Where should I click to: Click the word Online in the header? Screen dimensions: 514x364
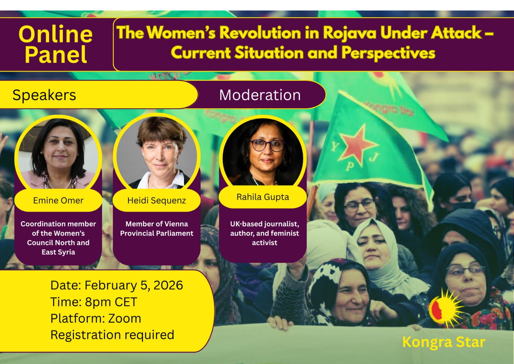click(x=56, y=34)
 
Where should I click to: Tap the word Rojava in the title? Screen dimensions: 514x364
click(x=350, y=33)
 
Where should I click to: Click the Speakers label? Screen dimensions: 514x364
click(x=44, y=95)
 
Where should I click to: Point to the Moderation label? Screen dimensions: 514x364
click(x=260, y=95)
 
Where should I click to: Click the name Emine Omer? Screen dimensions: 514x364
click(x=58, y=200)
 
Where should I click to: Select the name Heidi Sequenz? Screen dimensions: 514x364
click(x=156, y=200)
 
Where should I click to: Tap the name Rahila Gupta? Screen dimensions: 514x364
click(x=263, y=197)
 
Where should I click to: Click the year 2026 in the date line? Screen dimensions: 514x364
click(x=168, y=285)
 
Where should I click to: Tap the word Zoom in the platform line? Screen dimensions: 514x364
click(x=125, y=318)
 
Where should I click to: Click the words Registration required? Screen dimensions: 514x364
click(x=112, y=335)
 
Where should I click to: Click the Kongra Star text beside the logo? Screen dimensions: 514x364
click(x=444, y=342)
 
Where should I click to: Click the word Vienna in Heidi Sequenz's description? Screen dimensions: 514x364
click(x=177, y=224)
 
